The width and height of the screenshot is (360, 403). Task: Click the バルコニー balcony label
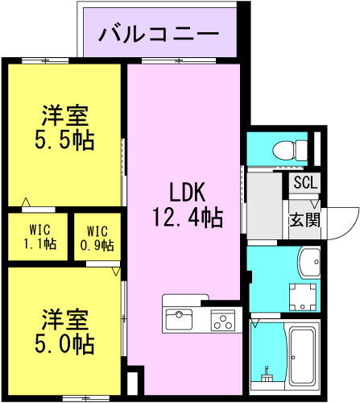tap(159, 34)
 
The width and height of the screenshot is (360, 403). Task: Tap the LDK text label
tap(188, 192)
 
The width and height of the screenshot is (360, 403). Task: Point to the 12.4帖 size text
tap(188, 218)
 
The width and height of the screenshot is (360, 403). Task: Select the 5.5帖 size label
tap(64, 140)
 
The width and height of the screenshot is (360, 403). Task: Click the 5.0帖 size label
tap(64, 343)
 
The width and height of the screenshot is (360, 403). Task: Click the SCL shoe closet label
tap(306, 183)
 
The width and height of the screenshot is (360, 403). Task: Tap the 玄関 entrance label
tap(305, 220)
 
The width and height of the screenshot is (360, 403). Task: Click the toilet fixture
tap(290, 151)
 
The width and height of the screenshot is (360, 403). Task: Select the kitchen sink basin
tap(179, 319)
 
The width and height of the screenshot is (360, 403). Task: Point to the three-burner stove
tap(222, 320)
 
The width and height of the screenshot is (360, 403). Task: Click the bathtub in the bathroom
tap(302, 355)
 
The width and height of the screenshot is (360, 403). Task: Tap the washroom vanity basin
tap(309, 263)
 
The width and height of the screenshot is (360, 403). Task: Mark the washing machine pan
tap(303, 297)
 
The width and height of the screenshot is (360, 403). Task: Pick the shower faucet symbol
tap(267, 374)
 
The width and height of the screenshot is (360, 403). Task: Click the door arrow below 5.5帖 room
tap(26, 201)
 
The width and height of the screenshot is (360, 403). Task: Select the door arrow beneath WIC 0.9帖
tap(116, 272)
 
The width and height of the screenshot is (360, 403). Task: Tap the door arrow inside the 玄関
tap(315, 204)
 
